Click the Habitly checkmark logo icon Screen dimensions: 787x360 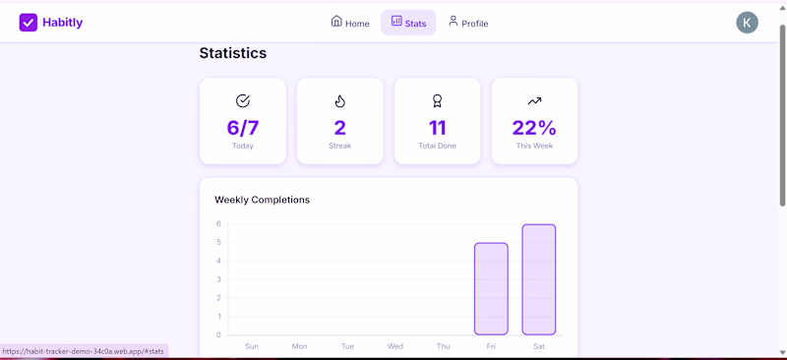(x=29, y=22)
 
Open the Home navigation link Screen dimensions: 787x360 (x=350, y=23)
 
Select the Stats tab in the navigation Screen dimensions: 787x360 (x=408, y=23)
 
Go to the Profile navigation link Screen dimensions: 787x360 (x=468, y=23)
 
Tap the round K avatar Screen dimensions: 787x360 (x=747, y=23)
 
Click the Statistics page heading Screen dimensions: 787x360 (x=233, y=53)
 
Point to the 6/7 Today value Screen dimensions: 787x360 (x=243, y=128)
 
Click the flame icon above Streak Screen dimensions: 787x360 (x=340, y=101)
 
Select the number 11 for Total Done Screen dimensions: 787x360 (x=437, y=128)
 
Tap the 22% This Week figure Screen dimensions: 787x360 (x=534, y=128)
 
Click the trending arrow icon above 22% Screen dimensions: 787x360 (x=534, y=101)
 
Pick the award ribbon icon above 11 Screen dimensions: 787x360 (x=437, y=101)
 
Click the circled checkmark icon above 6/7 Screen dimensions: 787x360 (x=243, y=101)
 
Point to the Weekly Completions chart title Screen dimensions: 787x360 (x=262, y=200)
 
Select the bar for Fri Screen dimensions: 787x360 (x=491, y=289)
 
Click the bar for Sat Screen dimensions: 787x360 (x=538, y=279)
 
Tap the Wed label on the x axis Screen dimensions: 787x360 (x=395, y=346)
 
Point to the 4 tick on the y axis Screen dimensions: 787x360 (x=218, y=261)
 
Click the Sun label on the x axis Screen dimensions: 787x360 (x=252, y=346)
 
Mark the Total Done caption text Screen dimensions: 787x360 (x=437, y=147)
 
